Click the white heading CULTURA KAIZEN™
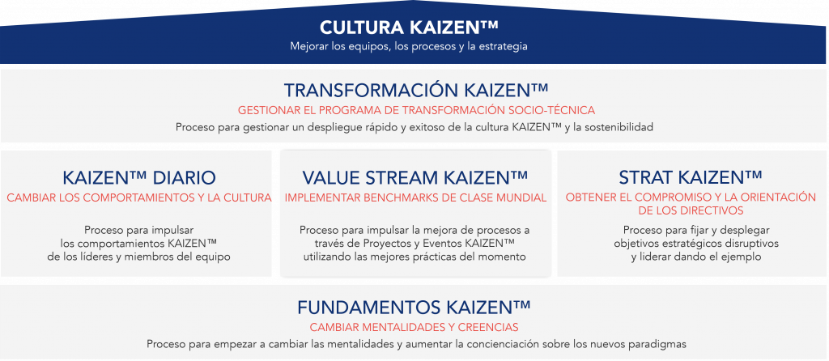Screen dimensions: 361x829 pos(414,27)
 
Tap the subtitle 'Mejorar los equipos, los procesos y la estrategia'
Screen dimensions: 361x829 pos(414,46)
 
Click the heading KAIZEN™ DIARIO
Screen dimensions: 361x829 pos(138,177)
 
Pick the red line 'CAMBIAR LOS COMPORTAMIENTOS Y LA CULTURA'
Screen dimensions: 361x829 pos(138,197)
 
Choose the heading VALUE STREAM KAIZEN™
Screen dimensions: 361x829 pos(414,177)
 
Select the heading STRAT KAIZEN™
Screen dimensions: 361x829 pos(691,177)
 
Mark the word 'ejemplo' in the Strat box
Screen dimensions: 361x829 pos(742,257)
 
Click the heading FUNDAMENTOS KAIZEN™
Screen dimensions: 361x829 pos(414,308)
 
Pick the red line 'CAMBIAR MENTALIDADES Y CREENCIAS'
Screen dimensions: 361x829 pos(414,327)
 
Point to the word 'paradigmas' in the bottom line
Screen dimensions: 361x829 pos(658,344)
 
